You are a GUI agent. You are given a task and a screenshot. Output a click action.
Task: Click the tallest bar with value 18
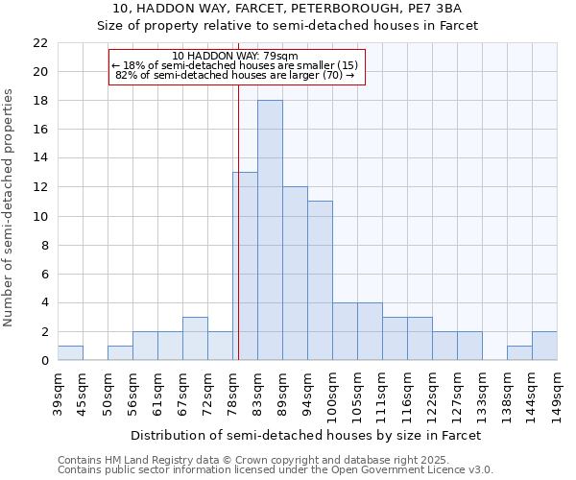click(270, 230)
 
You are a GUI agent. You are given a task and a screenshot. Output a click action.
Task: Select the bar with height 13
click(245, 266)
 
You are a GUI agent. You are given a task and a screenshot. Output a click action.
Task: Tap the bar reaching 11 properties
click(320, 280)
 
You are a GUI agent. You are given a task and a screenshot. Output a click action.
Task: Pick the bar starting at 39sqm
click(70, 352)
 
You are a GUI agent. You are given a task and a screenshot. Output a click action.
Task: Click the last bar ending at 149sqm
click(544, 346)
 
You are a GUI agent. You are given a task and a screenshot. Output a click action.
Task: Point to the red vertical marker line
click(238, 221)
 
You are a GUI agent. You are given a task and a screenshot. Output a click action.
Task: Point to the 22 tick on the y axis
click(40, 43)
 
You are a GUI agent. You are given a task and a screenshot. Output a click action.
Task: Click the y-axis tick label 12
click(40, 187)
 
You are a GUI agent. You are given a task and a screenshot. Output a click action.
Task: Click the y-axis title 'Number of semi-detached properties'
click(10, 207)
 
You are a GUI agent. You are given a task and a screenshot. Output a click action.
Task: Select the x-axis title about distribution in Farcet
click(305, 435)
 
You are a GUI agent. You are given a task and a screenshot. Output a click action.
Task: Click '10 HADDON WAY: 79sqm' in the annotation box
click(235, 56)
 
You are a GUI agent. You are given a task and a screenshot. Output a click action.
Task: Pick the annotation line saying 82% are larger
click(235, 75)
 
